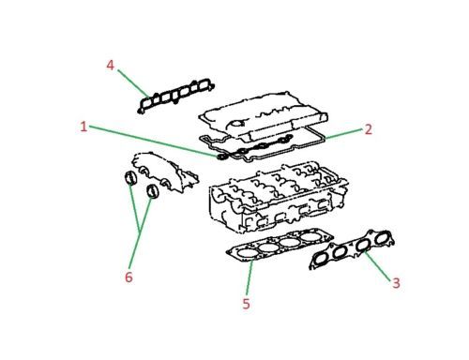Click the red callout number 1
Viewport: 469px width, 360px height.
coord(83,127)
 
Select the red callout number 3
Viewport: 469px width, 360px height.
coord(396,282)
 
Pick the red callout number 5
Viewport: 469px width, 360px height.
coord(246,304)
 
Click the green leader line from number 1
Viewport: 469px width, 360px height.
coord(150,139)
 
